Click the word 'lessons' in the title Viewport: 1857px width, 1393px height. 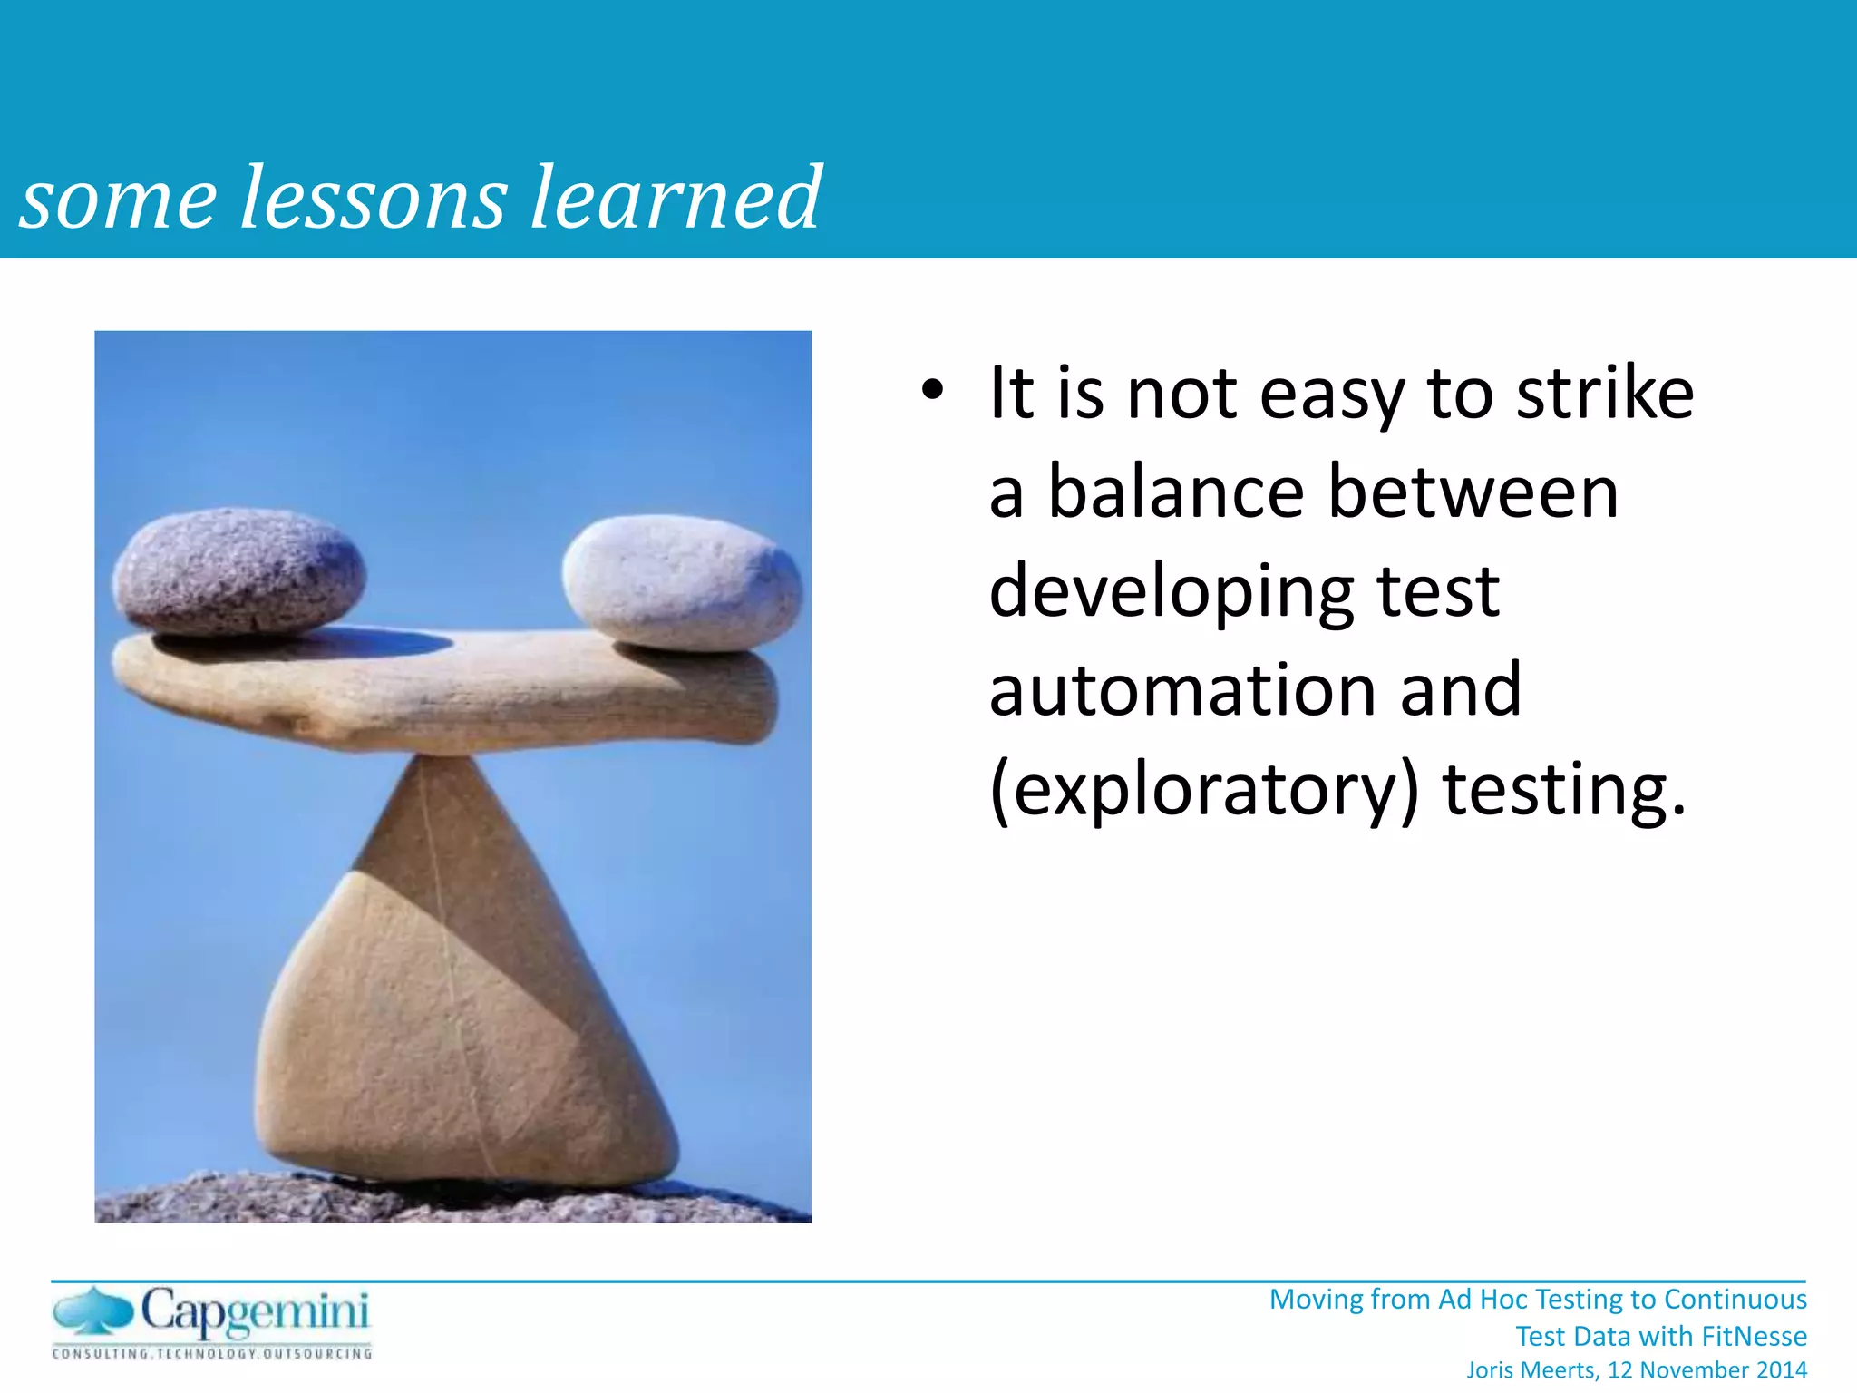pyautogui.click(x=373, y=198)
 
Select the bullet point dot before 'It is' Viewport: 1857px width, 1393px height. pyautogui.click(x=931, y=392)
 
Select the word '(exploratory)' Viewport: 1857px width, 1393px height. pyautogui.click(x=1203, y=792)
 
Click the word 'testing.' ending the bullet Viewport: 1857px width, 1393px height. pyautogui.click(x=1565, y=790)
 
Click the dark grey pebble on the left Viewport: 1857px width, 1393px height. pyautogui.click(x=240, y=571)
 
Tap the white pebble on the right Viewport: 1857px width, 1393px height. pyautogui.click(x=682, y=582)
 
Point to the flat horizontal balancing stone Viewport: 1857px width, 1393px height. pyautogui.click(x=444, y=694)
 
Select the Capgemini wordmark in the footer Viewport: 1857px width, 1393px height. pyautogui.click(x=256, y=1313)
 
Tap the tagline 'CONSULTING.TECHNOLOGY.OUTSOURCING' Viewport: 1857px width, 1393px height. pyautogui.click(x=212, y=1354)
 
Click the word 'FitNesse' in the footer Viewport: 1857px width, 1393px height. pyautogui.click(x=1754, y=1336)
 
